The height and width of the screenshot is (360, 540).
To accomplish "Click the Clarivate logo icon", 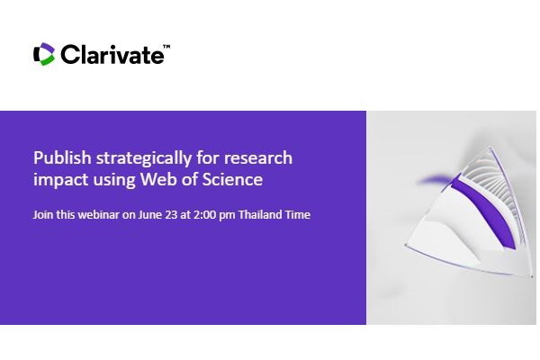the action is point(44,54).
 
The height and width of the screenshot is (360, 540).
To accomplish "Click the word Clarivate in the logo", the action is point(112,54).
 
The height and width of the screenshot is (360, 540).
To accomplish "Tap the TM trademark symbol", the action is point(166,47).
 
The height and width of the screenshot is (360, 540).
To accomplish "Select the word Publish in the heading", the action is point(62,158).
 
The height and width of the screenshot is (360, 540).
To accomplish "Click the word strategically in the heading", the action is point(144,158).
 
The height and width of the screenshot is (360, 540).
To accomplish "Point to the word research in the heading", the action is point(258,158).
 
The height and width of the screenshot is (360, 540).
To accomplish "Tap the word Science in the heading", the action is point(232,179).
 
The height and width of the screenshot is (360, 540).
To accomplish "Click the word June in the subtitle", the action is point(149,214).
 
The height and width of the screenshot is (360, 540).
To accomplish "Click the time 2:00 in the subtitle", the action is point(204,214).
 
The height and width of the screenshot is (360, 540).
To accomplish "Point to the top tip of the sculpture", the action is point(490,148).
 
